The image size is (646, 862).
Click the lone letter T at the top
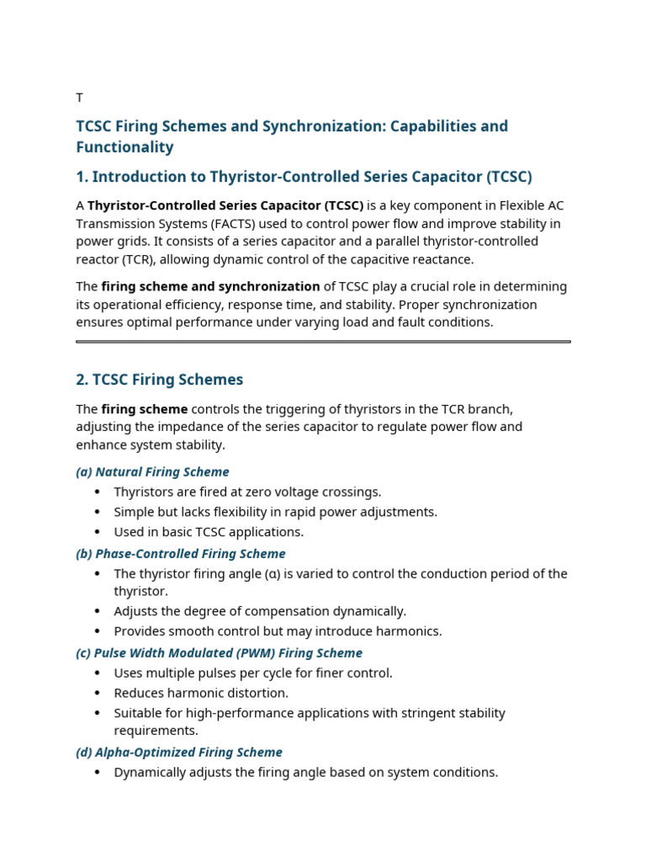tap(80, 98)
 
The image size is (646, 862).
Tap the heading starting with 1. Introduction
tap(304, 177)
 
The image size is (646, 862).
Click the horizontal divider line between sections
tap(323, 342)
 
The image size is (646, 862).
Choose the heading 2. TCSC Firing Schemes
tap(159, 380)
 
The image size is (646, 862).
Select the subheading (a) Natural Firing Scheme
tap(152, 472)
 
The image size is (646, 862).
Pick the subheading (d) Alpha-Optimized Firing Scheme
tap(178, 753)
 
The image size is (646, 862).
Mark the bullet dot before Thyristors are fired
tap(98, 492)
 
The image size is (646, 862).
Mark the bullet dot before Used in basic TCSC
tap(98, 532)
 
